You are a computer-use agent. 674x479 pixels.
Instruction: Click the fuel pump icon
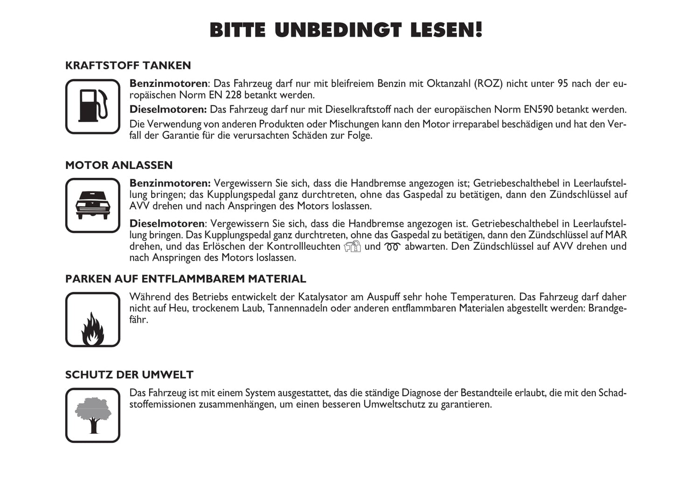(x=93, y=106)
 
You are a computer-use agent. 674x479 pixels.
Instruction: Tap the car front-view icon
(x=93, y=205)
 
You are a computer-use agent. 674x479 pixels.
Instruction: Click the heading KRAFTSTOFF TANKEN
(x=128, y=65)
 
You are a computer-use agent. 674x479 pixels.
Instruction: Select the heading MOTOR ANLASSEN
(x=118, y=165)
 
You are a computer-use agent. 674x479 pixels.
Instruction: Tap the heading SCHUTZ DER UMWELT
(x=129, y=375)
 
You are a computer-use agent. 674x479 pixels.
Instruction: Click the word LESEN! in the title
(x=446, y=30)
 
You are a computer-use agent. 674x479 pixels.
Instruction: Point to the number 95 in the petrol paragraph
(x=563, y=84)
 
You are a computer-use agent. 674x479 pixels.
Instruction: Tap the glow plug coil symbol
(x=392, y=247)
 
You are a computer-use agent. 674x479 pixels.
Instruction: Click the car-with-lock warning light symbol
(x=352, y=247)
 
